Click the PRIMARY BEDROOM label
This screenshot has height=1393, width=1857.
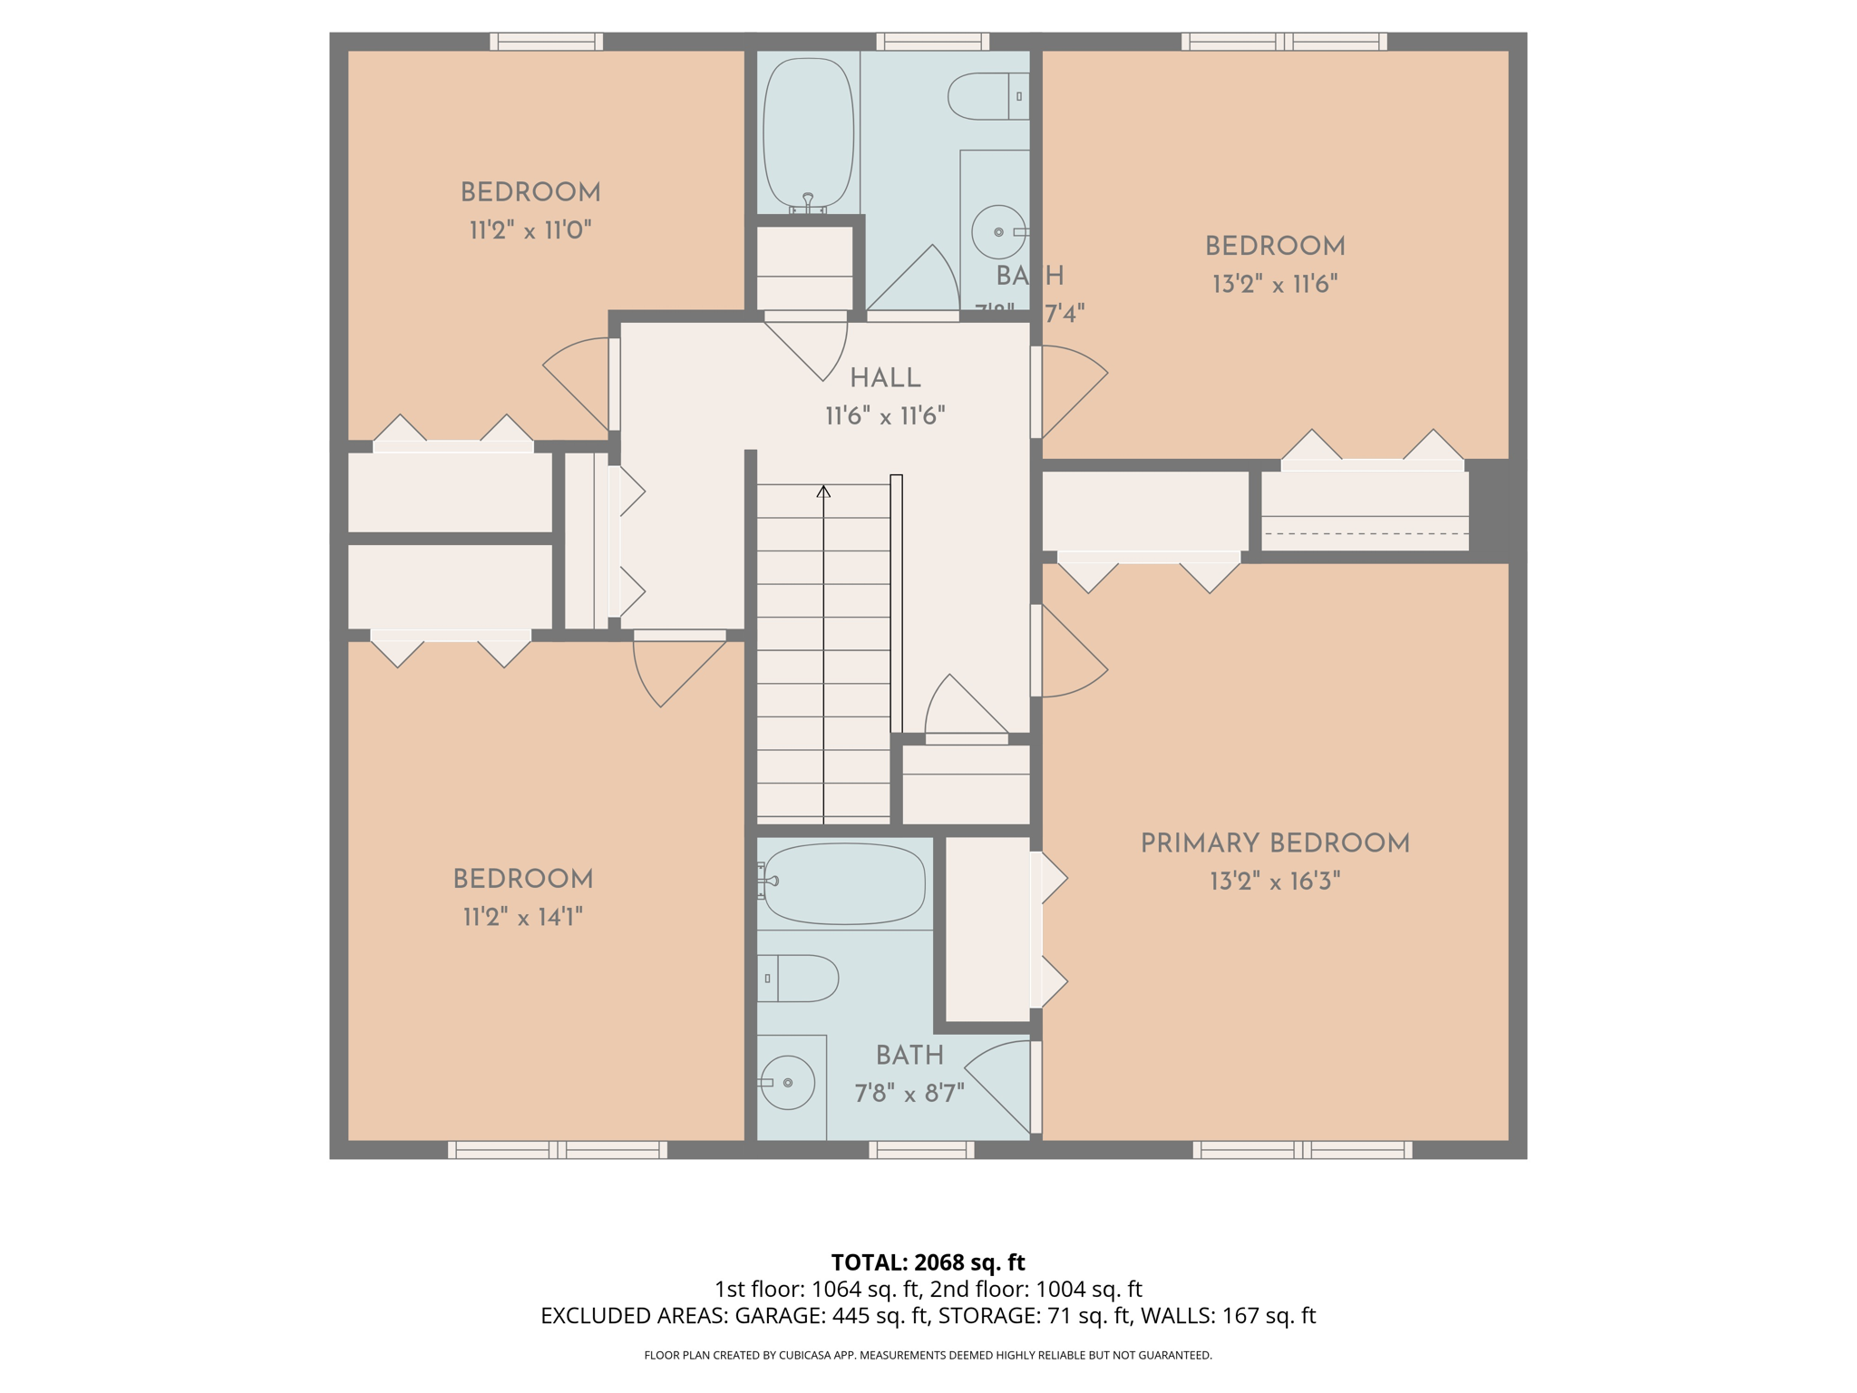pyautogui.click(x=1274, y=843)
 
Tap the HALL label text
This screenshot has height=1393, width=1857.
pyautogui.click(x=885, y=378)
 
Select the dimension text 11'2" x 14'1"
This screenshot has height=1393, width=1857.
pyautogui.click(x=522, y=917)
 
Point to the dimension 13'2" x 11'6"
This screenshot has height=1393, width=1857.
pyautogui.click(x=1274, y=284)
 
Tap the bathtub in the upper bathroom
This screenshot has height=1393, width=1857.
pyautogui.click(x=808, y=134)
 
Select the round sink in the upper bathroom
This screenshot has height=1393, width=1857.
pyautogui.click(x=998, y=232)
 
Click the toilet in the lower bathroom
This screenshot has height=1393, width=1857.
pyautogui.click(x=799, y=978)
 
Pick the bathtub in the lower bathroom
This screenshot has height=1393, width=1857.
pyautogui.click(x=843, y=883)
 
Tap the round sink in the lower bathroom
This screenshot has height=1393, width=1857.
pyautogui.click(x=787, y=1083)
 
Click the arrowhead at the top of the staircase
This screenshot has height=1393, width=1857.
pyautogui.click(x=823, y=492)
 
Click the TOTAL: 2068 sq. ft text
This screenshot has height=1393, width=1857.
pyautogui.click(x=928, y=1262)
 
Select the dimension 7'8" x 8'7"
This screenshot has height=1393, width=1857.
pyautogui.click(x=909, y=1093)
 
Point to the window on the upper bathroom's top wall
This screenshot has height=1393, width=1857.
pyautogui.click(x=932, y=41)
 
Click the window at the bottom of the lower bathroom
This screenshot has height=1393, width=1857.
pyautogui.click(x=921, y=1150)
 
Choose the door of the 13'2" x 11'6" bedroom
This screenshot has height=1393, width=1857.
pyautogui.click(x=1070, y=390)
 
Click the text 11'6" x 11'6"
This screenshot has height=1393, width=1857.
pyautogui.click(x=885, y=416)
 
